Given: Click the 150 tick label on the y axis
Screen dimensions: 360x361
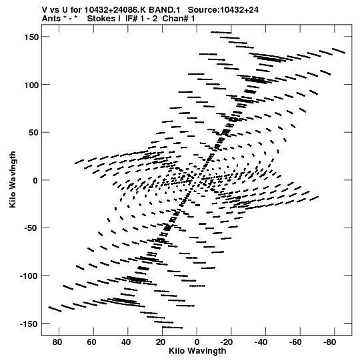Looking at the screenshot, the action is click(31, 37).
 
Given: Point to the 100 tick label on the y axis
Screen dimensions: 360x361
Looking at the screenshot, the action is click(31, 85).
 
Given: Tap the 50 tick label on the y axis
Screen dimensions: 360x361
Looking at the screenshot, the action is click(33, 133).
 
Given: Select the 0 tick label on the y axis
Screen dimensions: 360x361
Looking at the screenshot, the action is click(35, 180).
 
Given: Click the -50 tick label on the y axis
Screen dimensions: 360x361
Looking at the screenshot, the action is click(31, 228).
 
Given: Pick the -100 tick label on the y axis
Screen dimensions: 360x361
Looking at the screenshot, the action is click(29, 276).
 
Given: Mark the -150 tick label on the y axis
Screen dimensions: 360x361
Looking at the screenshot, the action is click(29, 324).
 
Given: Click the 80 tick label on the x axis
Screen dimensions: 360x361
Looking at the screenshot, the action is click(57, 342).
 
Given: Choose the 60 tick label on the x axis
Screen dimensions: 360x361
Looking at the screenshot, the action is click(91, 342).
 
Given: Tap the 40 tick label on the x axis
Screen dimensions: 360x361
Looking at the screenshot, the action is click(126, 342).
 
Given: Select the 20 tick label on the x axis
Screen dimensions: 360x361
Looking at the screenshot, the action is click(161, 342).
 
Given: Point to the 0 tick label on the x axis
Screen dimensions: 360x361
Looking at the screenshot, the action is click(197, 342).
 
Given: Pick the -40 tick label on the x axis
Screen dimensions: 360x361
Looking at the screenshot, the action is click(261, 342).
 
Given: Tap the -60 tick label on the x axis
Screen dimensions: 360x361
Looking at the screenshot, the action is click(295, 342).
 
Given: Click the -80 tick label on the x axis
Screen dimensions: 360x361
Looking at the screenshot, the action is click(330, 342).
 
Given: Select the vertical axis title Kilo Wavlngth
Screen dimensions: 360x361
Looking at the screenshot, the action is click(13, 179).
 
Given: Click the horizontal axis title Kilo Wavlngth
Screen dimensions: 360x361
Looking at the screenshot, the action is click(197, 351).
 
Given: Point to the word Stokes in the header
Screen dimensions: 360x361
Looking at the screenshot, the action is click(104, 19).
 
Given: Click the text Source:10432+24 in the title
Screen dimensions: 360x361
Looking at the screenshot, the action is click(223, 10).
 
